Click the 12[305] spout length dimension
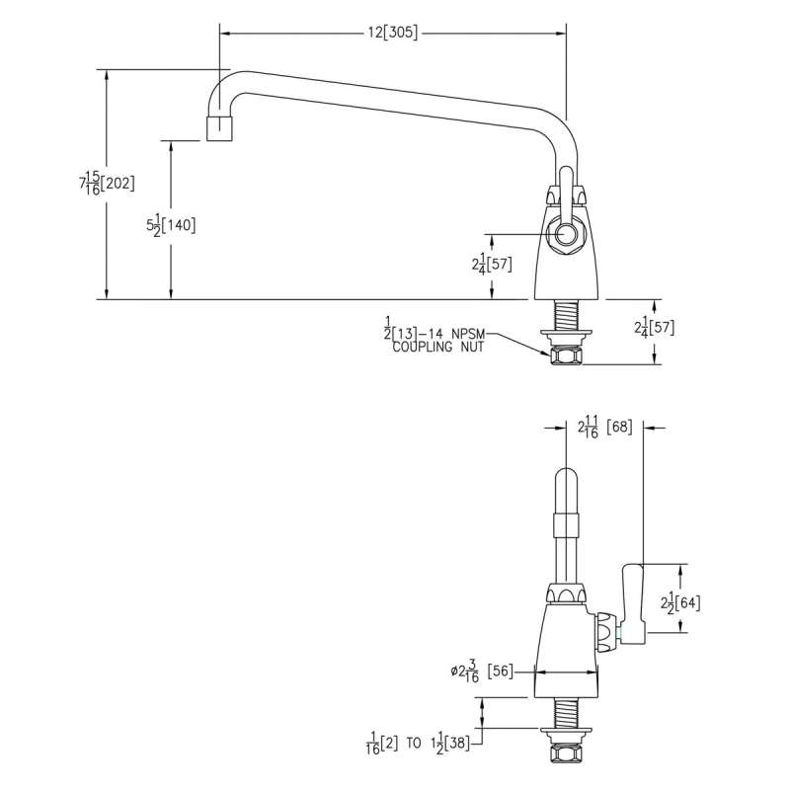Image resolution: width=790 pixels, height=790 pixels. [393, 33]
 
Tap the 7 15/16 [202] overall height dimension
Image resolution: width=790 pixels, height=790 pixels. [107, 183]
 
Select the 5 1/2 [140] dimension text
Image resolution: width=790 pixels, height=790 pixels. [170, 225]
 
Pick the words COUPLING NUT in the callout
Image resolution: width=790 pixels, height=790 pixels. [438, 348]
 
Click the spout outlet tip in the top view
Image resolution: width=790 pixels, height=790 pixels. [219, 128]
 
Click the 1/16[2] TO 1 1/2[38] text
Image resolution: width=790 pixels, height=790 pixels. [422, 741]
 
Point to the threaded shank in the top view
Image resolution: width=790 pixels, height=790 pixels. [566, 314]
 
